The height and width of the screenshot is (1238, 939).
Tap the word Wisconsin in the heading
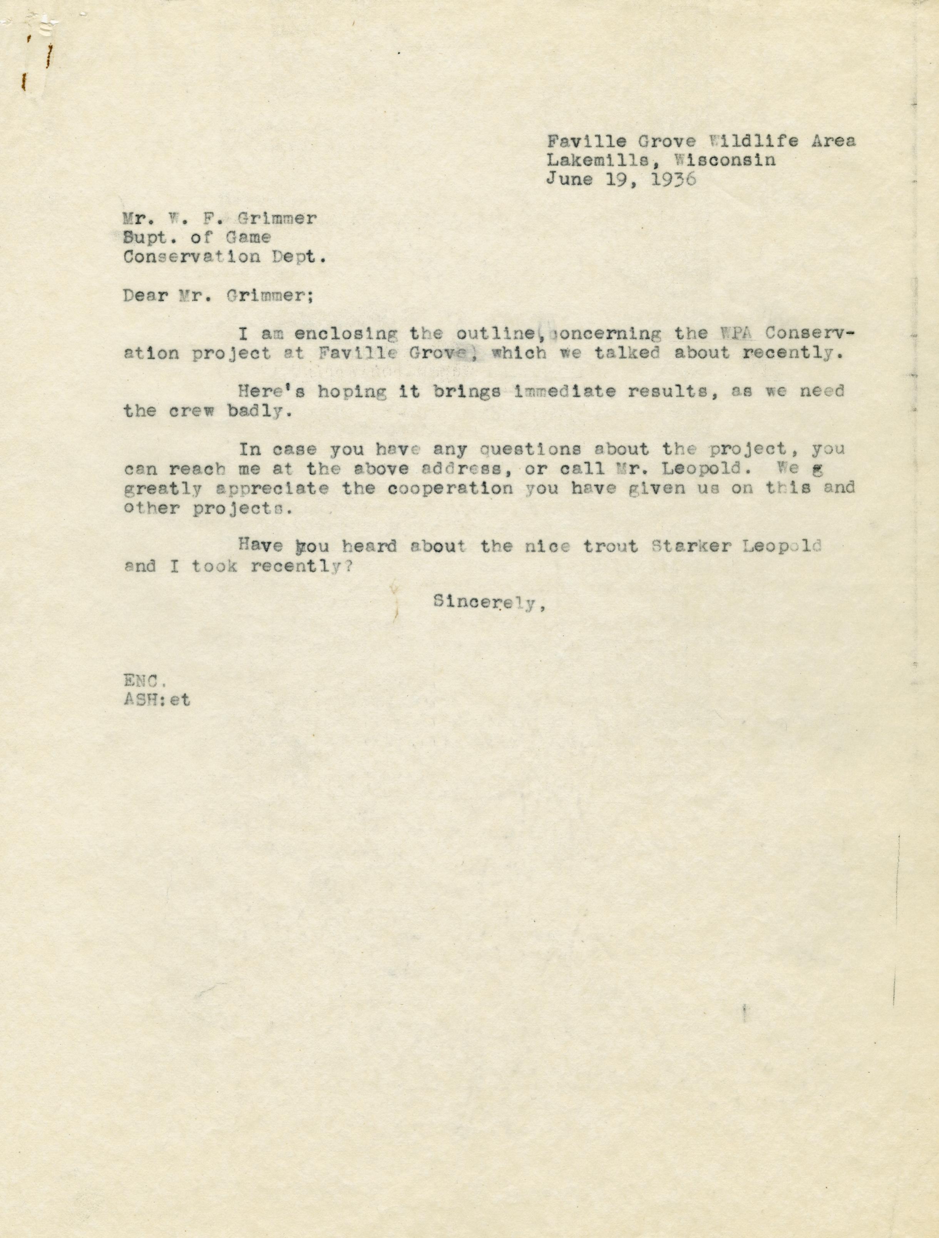click(x=725, y=160)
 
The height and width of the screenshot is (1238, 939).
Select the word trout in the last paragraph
click(x=610, y=546)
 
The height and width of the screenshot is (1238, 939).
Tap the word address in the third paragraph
click(x=462, y=469)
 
